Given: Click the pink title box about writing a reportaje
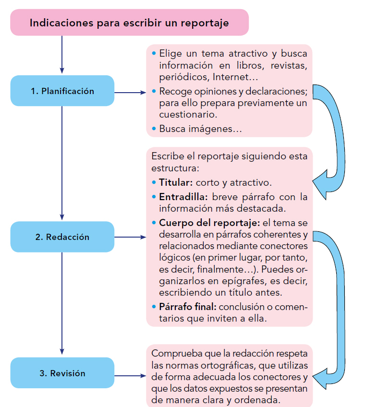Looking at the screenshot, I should click(129, 23).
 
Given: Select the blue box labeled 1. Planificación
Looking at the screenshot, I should click(62, 91).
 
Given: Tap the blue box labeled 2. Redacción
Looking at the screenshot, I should click(62, 237).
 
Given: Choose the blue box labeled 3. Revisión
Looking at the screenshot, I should click(62, 373).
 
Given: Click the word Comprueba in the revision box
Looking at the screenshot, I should click(176, 354).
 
